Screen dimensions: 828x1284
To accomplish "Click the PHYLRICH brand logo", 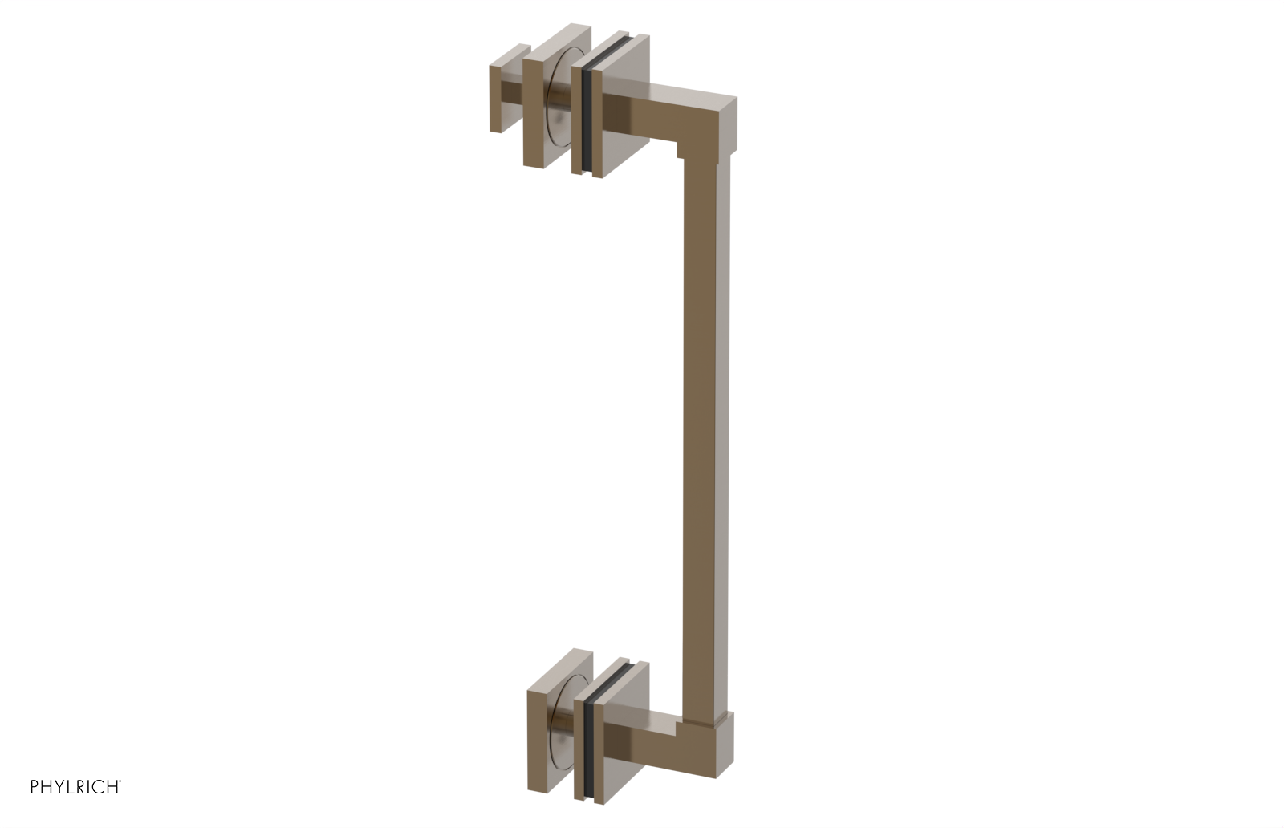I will pyautogui.click(x=75, y=787).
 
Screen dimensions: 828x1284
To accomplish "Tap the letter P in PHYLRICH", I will pyautogui.click(x=35, y=787).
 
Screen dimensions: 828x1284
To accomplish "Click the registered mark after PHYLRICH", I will pyautogui.click(x=120, y=782).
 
